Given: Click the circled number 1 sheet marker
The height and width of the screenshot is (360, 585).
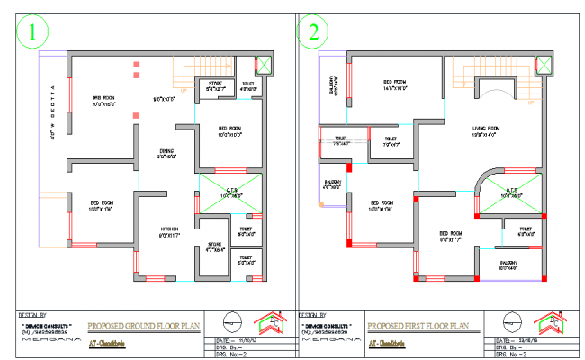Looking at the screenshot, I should click(x=31, y=33).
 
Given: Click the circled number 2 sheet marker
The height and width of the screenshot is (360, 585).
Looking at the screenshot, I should click(x=314, y=33).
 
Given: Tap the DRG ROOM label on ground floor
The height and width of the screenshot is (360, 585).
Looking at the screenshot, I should click(x=103, y=100).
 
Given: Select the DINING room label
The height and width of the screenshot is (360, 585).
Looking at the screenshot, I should click(x=166, y=153).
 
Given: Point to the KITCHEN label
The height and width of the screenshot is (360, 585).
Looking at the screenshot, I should click(x=171, y=231).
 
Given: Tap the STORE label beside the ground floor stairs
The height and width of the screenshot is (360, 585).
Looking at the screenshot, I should click(x=214, y=86).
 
